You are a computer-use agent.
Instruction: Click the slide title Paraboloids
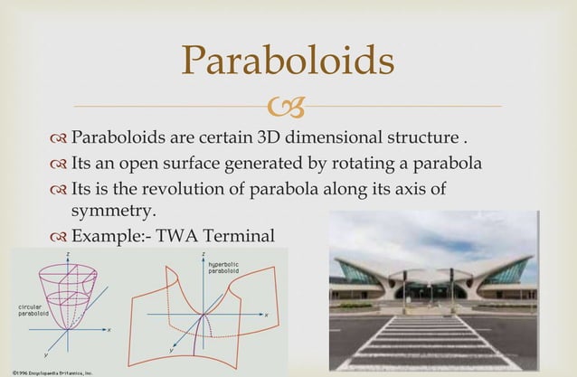[288, 61]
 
